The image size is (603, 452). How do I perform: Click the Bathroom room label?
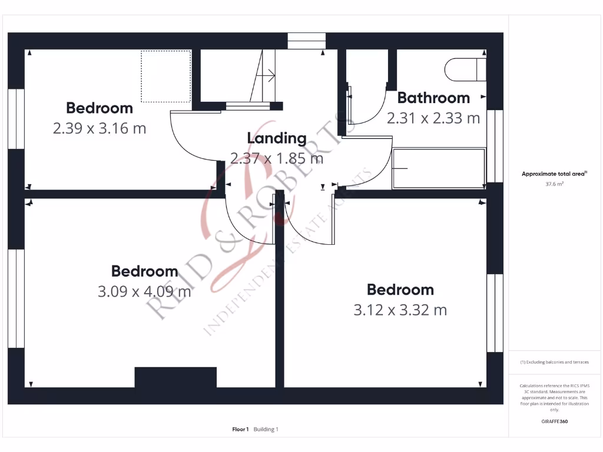[433, 98]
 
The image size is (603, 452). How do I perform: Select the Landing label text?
[277, 138]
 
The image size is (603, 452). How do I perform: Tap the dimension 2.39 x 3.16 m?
[100, 128]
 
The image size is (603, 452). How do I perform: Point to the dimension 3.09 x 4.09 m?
[144, 291]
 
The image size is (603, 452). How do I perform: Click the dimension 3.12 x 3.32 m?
[400, 309]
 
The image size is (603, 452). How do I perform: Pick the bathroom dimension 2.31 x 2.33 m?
[433, 118]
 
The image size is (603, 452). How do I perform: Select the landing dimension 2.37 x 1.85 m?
[277, 158]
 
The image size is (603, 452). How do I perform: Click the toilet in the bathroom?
[465, 69]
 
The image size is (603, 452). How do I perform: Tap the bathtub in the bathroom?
[439, 168]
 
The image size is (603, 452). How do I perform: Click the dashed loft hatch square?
[165, 76]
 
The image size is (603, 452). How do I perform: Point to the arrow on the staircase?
[270, 75]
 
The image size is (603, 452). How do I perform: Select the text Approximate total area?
[552, 174]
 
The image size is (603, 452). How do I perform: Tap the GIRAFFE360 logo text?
[554, 421]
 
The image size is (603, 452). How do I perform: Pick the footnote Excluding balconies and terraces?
[554, 362]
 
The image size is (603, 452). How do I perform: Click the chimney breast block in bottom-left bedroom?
[175, 377]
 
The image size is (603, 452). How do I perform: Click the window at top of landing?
[307, 41]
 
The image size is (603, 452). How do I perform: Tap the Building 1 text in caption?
[266, 430]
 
